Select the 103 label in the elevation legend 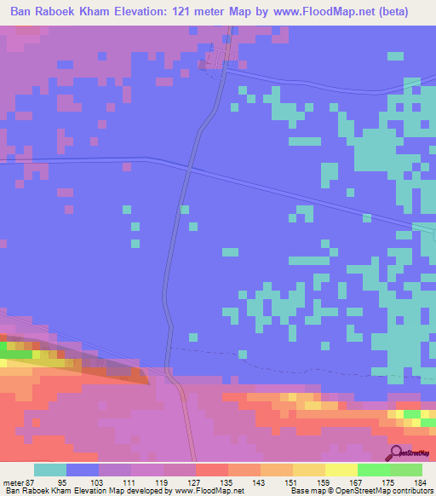click(x=98, y=482)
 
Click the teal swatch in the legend click(x=50, y=470)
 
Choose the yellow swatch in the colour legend click(x=309, y=470)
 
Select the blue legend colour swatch click(x=83, y=470)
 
